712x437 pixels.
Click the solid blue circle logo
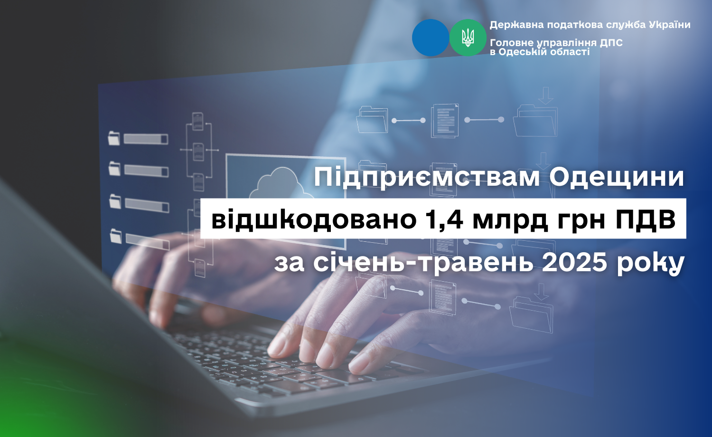431,38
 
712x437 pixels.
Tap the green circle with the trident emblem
468,38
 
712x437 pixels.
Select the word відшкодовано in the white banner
314,219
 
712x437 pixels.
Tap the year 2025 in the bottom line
575,263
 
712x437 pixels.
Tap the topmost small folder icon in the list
114,139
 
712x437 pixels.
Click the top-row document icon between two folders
445,121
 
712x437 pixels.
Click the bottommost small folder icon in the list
116,236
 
